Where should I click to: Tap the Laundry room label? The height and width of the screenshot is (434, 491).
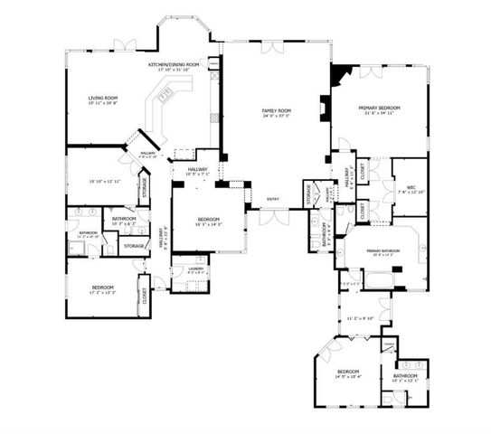195,269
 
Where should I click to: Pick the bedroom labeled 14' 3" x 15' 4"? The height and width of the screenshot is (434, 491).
349,373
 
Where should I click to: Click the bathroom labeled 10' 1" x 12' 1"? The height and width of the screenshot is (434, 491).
405,376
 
